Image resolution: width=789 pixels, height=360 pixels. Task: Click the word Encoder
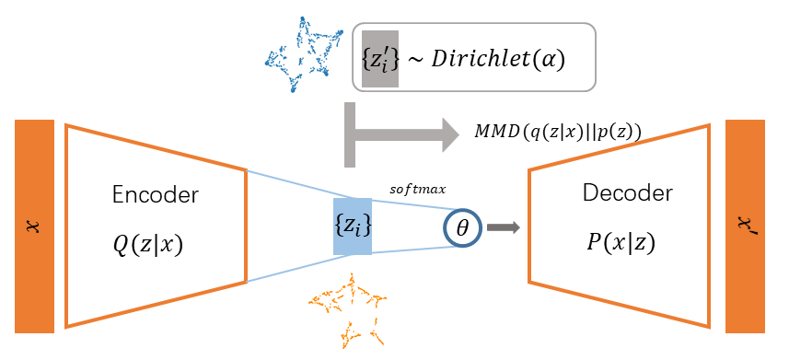[x=156, y=195]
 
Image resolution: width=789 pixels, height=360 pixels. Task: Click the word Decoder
[x=628, y=192]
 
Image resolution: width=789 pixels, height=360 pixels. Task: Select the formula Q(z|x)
[x=147, y=245]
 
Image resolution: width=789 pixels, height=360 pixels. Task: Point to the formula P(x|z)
[x=621, y=243]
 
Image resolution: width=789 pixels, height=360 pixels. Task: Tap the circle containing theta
[x=462, y=227]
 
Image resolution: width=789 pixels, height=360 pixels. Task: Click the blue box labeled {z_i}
[x=353, y=226]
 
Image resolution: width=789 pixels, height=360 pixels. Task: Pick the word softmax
[x=418, y=190]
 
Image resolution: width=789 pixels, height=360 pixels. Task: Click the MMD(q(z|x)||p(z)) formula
[x=558, y=133]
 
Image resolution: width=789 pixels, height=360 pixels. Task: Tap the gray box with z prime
[x=380, y=59]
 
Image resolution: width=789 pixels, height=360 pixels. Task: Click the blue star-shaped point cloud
[x=304, y=54]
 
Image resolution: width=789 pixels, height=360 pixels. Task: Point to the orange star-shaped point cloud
[x=348, y=309]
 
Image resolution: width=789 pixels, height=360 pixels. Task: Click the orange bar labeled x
[x=34, y=226]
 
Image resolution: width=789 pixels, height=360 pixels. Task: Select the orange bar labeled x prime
[x=745, y=226]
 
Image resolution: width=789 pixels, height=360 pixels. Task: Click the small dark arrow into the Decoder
[x=504, y=227]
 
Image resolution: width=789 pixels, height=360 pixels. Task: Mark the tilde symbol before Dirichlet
[x=415, y=61]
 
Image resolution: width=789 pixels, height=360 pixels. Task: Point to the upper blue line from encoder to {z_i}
[x=301, y=184]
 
